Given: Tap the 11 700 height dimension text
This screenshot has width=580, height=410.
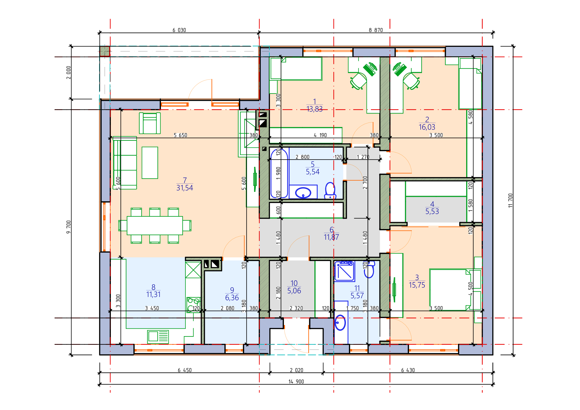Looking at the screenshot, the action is (511, 201).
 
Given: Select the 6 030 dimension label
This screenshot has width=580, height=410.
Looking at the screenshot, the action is (179, 30).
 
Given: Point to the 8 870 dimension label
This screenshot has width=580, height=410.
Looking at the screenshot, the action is (376, 30).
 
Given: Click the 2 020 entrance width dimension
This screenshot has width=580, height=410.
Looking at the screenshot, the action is (296, 370).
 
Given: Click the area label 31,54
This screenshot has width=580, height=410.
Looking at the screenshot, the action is (185, 188).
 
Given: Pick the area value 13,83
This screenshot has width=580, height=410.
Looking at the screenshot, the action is (314, 109).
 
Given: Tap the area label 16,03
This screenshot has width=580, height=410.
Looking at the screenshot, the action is (427, 127).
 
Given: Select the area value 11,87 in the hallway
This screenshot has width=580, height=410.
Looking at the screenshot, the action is (332, 237).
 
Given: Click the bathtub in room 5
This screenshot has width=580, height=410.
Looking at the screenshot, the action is (279, 173).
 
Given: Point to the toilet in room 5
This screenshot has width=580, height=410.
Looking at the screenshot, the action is (330, 191).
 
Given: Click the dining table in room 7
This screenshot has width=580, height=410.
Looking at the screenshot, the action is (154, 225).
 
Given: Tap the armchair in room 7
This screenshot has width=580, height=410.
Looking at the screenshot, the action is (150, 123).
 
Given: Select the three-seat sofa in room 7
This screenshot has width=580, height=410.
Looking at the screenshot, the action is (125, 163).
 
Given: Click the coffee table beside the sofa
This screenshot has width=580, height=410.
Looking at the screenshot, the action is (150, 163).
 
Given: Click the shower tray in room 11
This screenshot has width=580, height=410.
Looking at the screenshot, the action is (345, 271).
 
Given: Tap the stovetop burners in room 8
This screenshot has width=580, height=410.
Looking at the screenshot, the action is (193, 305).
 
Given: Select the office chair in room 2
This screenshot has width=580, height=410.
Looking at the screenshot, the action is (411, 81).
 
